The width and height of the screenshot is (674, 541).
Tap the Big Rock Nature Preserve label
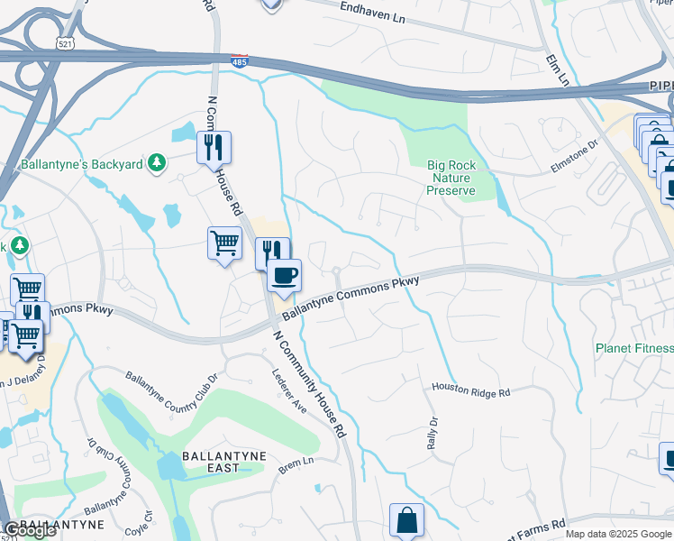coord(450,178)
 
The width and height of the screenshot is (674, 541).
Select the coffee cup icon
coord(284,275)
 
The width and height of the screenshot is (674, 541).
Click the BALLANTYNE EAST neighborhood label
coord(223,462)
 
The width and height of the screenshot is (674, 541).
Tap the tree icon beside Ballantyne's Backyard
coord(158,162)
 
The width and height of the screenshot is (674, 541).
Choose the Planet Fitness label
coord(634,348)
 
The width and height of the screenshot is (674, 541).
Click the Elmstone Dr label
coord(575,153)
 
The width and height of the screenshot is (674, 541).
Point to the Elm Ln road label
coord(557,69)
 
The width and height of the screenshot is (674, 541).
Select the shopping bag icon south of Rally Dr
coord(406,519)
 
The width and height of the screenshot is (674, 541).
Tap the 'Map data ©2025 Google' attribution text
coord(617,534)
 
